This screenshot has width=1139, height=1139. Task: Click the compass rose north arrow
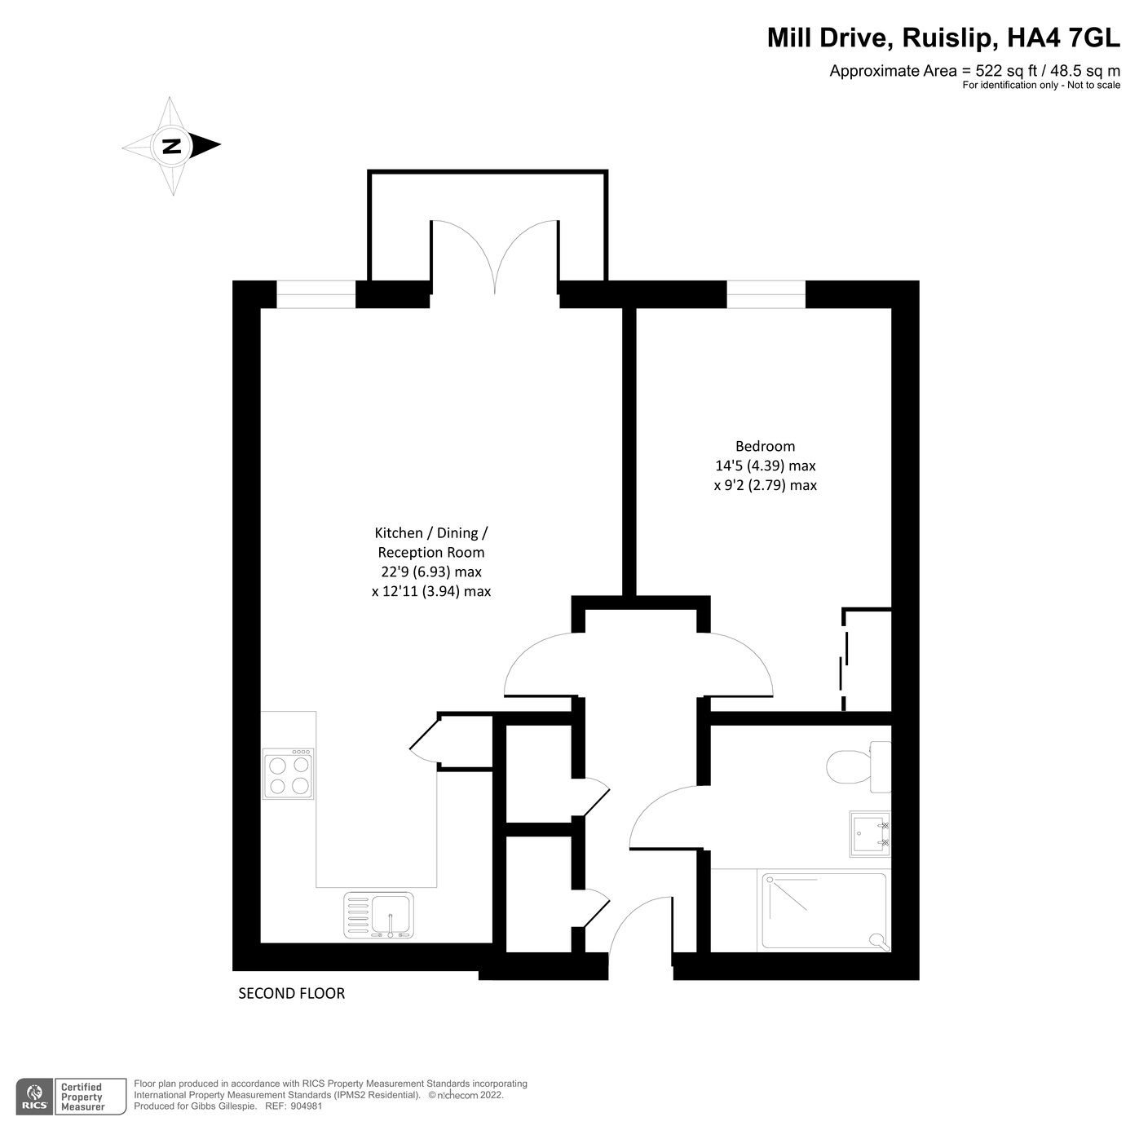172,147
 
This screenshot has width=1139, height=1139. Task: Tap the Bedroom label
765,446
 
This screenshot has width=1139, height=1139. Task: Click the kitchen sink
379,915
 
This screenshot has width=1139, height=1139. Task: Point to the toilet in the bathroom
857,767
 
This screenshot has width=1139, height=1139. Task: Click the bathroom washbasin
869,833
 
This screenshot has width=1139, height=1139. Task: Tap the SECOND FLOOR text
291,993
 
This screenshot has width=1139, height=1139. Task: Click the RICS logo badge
34,1097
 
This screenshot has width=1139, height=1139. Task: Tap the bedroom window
766,294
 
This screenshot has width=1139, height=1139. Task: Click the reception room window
316,294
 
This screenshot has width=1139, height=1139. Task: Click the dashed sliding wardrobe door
844,660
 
